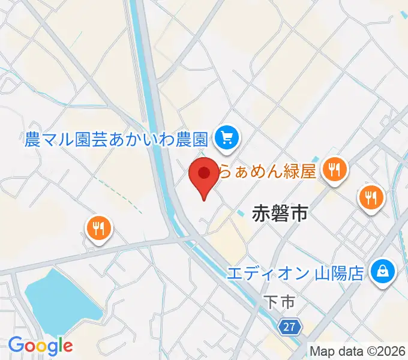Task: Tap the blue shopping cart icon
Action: pos(227,139)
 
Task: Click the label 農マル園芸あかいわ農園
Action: pos(117,140)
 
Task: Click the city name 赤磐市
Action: pos(280,213)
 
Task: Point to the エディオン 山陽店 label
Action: pos(295,274)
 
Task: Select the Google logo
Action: pos(40,346)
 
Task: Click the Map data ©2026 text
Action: pos(358,351)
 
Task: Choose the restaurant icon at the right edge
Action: pos(371,196)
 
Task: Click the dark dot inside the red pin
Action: pos(204,173)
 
